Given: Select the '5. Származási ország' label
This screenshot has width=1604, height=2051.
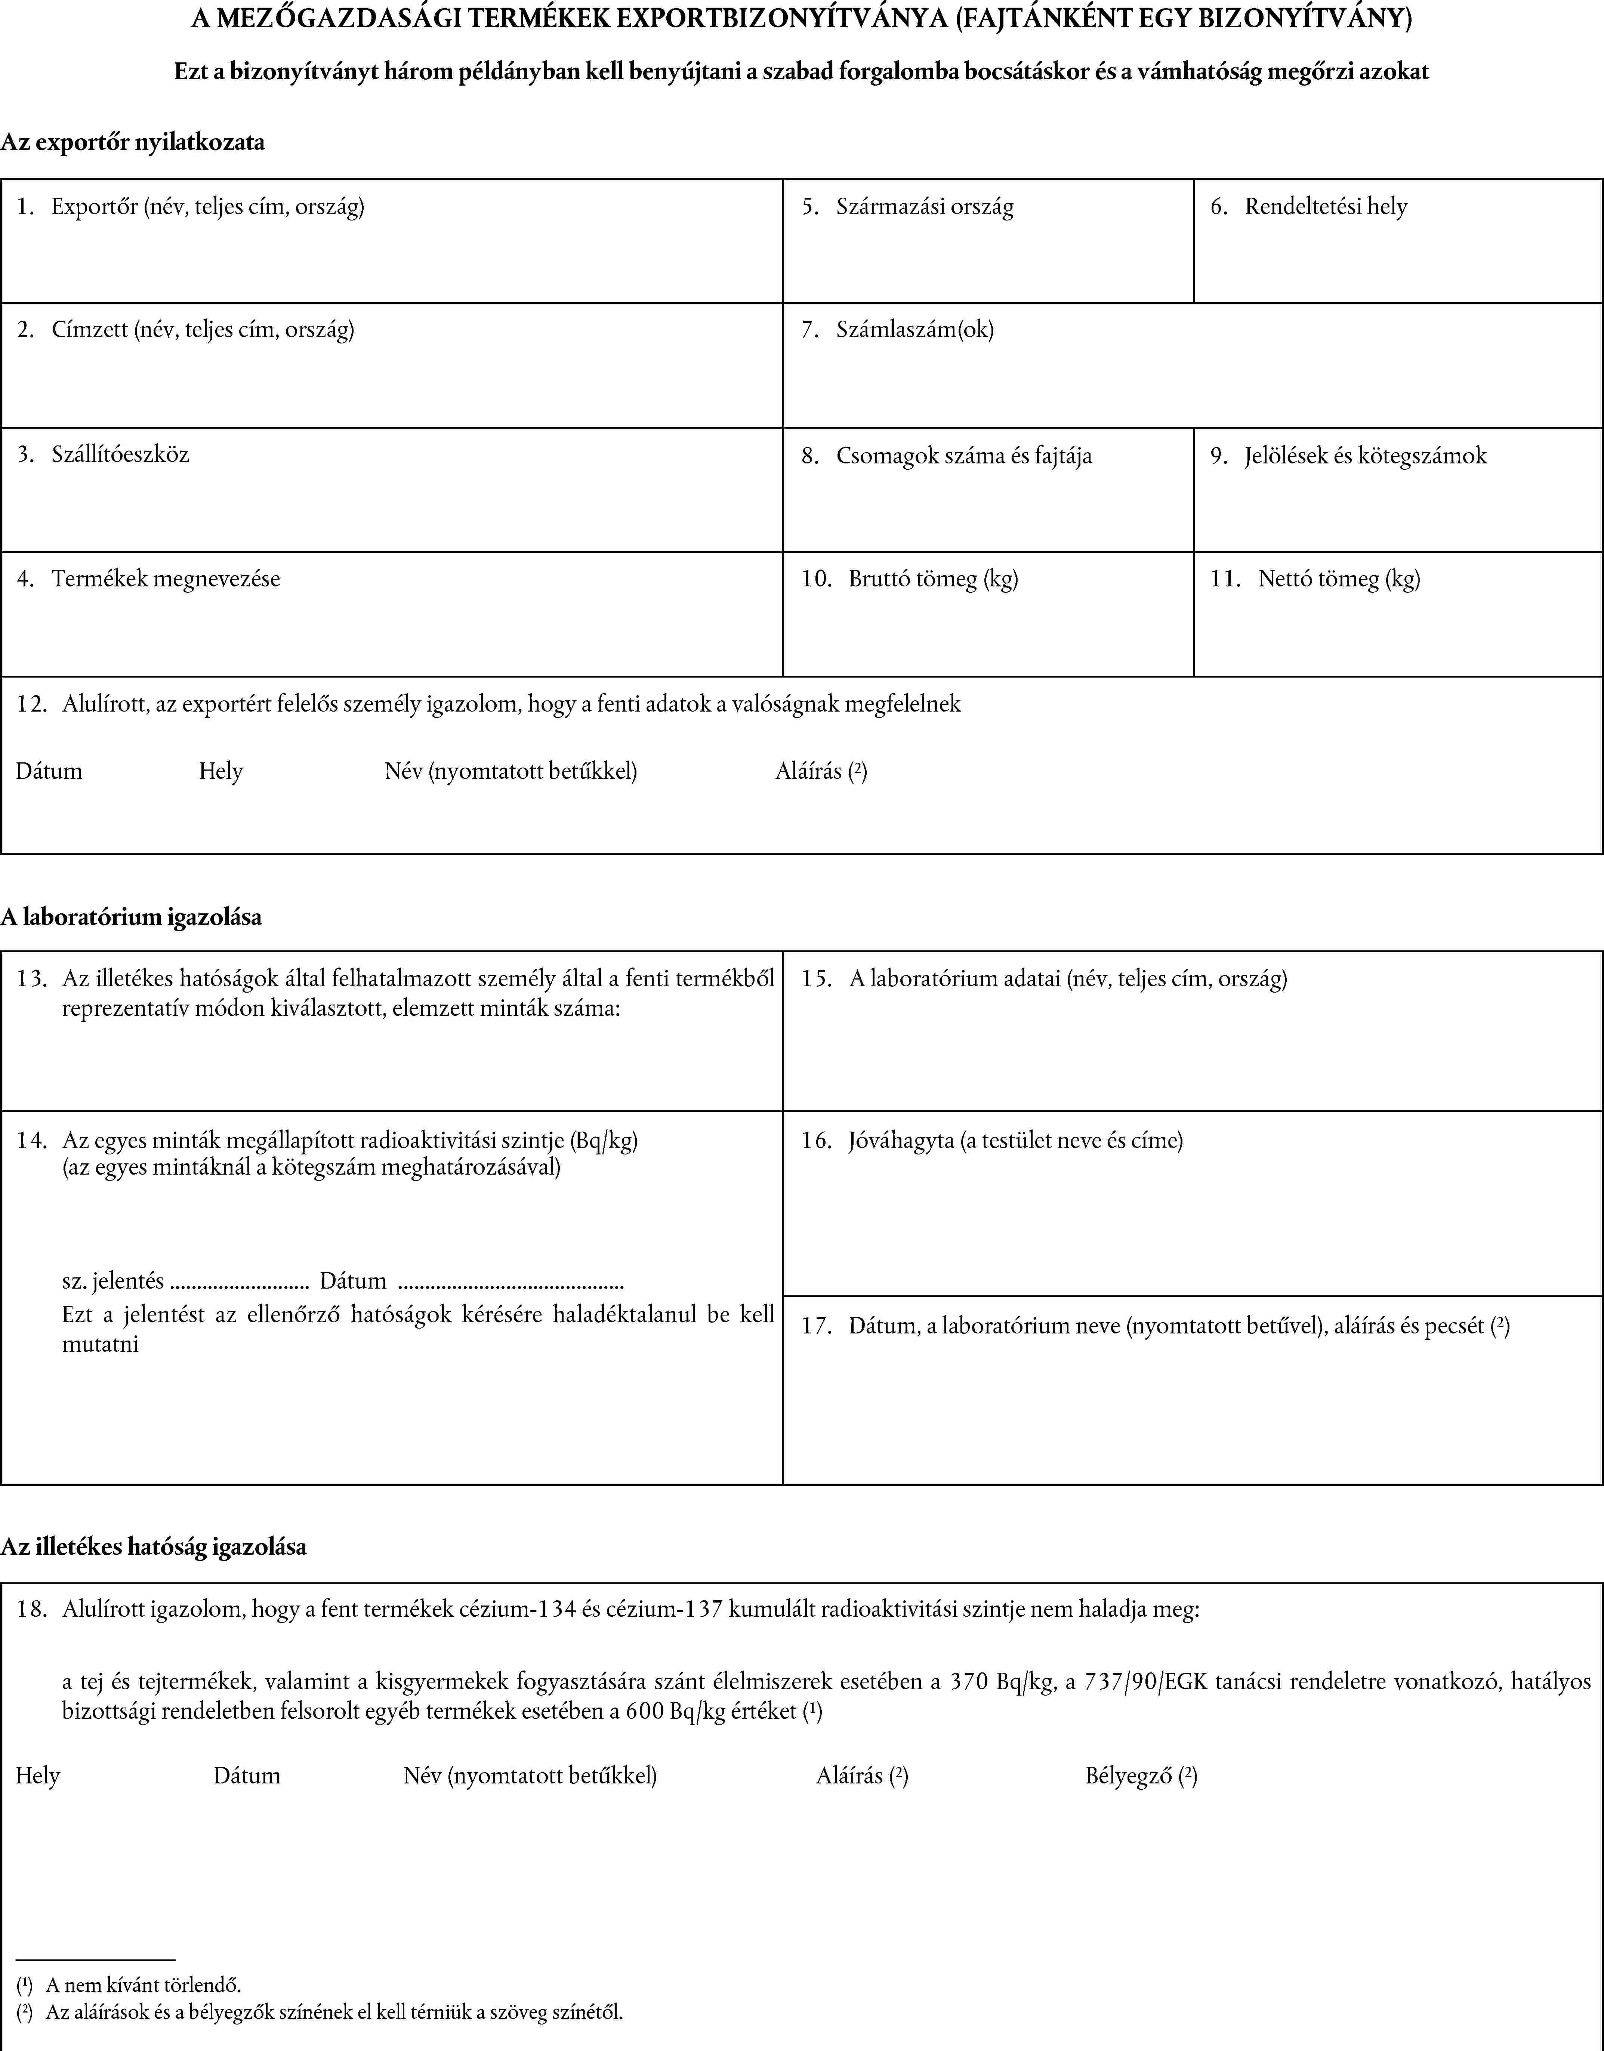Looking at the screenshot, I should point(907,207).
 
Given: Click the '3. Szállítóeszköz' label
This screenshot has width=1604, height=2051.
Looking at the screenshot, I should point(103,454).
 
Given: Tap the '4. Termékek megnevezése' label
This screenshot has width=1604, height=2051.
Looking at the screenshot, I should point(148,579).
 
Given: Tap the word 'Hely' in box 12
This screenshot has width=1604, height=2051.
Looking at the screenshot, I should point(221,772).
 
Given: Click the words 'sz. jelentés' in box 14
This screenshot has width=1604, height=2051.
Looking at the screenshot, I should point(113,1281).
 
